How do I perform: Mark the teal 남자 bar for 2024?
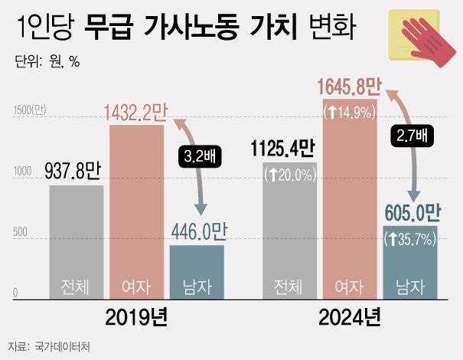(410, 260)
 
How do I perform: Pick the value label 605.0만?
(411, 211)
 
